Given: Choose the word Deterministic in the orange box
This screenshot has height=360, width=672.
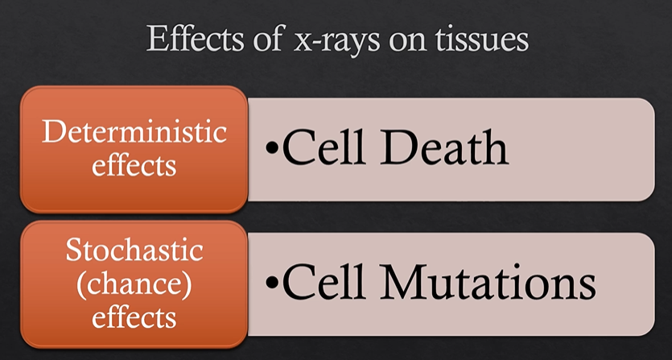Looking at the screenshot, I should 134,131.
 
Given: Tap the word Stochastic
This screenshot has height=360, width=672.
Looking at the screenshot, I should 134,252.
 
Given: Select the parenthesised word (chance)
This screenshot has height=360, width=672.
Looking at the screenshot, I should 134,284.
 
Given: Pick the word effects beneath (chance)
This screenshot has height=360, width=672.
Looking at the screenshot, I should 134,317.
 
